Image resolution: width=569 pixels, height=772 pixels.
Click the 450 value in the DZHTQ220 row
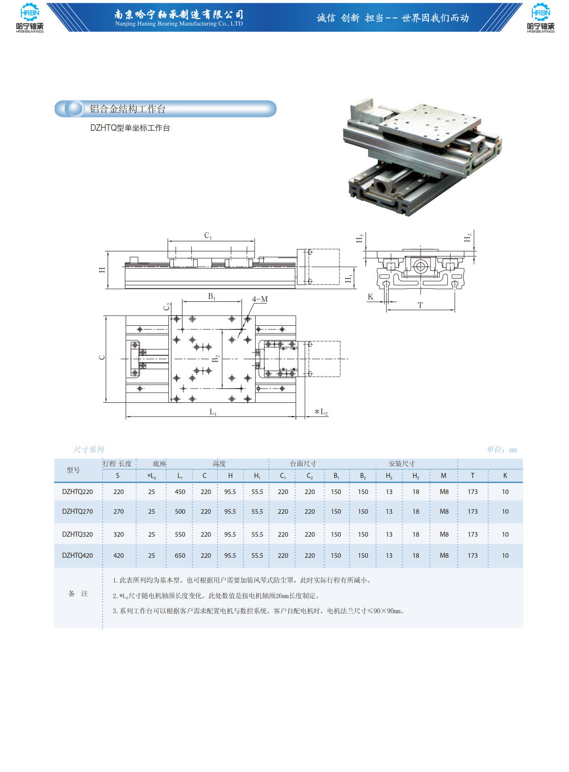180,492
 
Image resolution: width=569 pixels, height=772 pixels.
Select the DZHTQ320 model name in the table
77,534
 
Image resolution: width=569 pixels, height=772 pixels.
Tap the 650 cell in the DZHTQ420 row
180,555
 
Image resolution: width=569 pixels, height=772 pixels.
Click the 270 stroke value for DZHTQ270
118,511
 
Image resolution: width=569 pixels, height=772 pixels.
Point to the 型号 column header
73,470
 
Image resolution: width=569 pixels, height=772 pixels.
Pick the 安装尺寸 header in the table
402,464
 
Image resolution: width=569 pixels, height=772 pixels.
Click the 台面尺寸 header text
303,464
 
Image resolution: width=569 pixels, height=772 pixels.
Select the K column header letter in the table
505,476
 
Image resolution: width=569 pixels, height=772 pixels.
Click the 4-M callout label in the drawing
260,299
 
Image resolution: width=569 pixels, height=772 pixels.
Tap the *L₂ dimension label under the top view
321,411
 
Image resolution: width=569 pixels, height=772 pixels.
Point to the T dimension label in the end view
420,305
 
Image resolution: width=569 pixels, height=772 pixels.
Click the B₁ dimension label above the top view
212,296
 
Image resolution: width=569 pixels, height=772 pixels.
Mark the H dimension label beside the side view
102,270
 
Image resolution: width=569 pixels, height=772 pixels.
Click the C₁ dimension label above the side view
208,236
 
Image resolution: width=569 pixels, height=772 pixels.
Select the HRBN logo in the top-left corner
30,18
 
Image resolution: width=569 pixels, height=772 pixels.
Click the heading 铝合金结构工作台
128,109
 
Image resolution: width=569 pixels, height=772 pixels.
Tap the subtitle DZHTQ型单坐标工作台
130,128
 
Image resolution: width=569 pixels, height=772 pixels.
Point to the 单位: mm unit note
502,450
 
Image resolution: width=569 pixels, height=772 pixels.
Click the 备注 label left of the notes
78,594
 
